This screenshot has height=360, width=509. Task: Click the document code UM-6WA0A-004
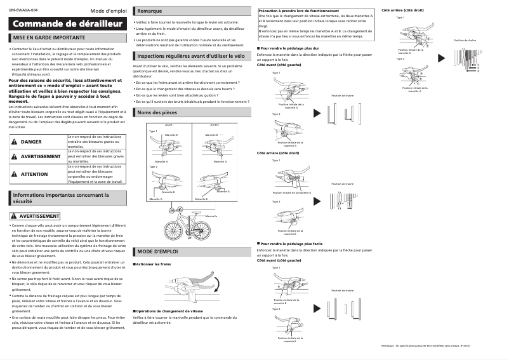coord(23,11)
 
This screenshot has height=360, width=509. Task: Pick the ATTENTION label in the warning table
coord(34,173)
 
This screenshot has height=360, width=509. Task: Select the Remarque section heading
coord(149,11)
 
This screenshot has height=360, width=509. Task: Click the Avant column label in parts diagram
coord(168,124)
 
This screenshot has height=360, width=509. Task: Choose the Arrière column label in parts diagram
coord(215,124)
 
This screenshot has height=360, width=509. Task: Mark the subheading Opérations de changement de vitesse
coord(169,311)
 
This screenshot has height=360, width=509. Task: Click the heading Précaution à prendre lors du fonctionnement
coord(298,11)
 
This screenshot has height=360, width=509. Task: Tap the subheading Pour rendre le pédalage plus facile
coord(293,243)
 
